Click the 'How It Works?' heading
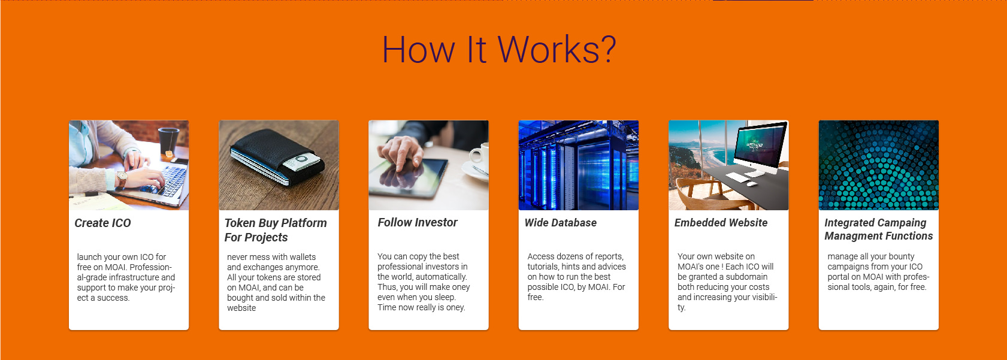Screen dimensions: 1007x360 click(x=498, y=49)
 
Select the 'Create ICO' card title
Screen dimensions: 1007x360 click(x=102, y=223)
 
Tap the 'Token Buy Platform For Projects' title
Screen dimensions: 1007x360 click(x=276, y=230)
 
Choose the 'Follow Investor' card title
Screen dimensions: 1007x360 click(x=417, y=222)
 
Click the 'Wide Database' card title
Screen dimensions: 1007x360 click(x=561, y=222)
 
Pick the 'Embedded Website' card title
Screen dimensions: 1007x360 click(x=721, y=222)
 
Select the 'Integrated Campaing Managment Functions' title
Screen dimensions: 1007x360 click(x=878, y=229)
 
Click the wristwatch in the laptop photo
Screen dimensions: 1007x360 click(x=121, y=179)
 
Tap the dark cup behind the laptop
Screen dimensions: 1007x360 click(x=168, y=141)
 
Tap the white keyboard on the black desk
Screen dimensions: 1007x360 click(x=737, y=177)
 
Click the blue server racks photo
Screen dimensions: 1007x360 click(x=579, y=165)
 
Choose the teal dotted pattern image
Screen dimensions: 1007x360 click(x=878, y=165)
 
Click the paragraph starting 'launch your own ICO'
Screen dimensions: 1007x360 click(x=126, y=277)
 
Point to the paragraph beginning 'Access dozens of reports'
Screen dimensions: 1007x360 click(x=576, y=276)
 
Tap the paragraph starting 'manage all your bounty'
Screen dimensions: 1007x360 click(x=878, y=271)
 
